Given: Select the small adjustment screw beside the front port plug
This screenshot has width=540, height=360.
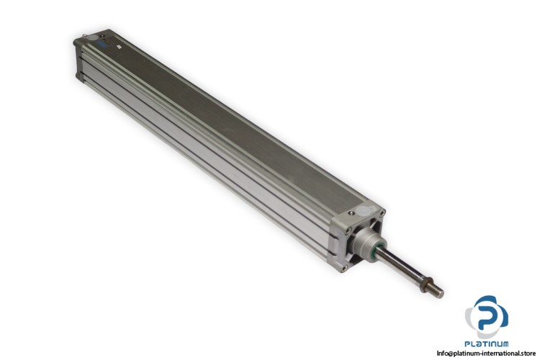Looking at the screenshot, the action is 351,214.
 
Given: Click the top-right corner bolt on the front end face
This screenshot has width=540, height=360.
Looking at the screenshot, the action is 382,213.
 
